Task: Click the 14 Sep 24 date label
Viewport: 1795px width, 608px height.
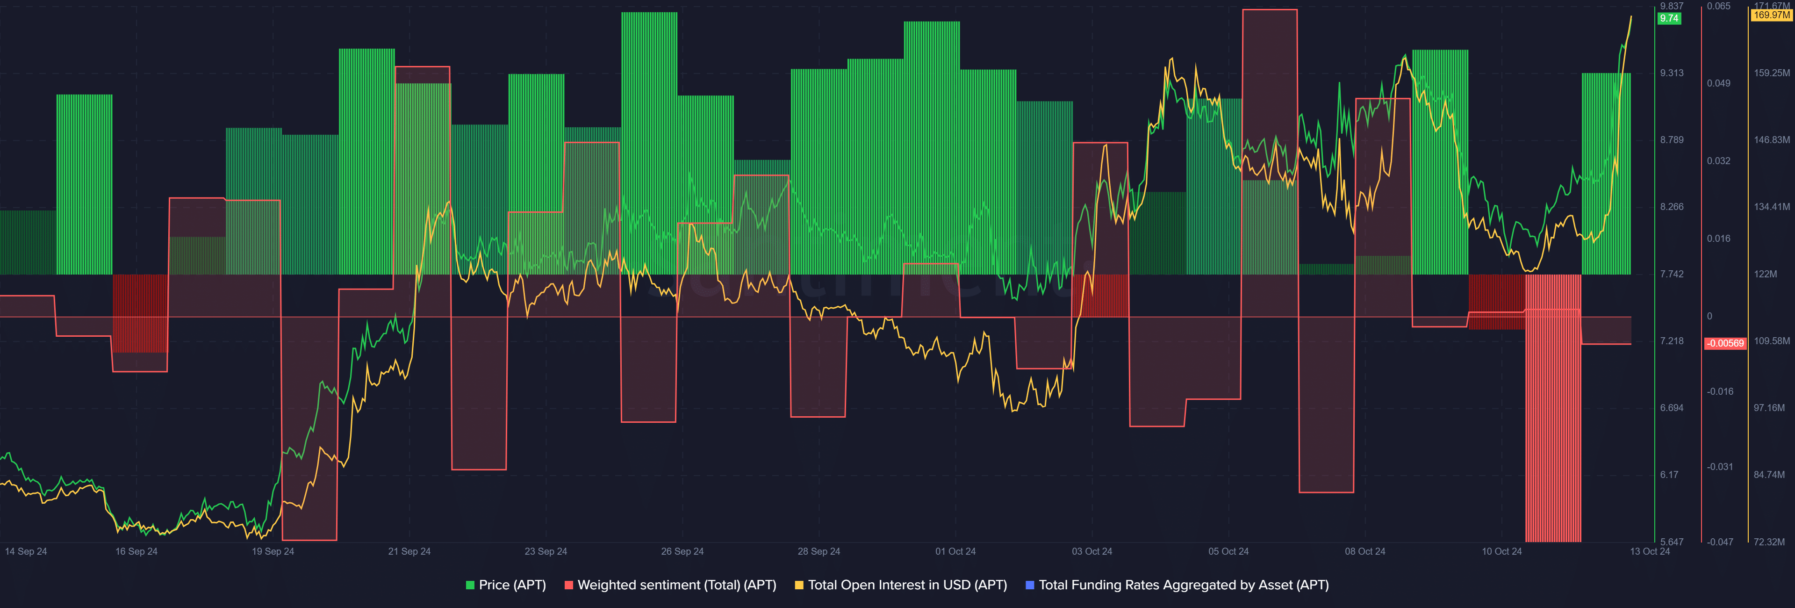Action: click(x=26, y=551)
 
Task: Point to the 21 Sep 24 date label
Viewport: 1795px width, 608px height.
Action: click(x=409, y=551)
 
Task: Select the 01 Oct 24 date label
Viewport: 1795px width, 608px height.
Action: click(x=955, y=551)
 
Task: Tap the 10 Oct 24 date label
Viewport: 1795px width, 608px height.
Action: click(x=1501, y=551)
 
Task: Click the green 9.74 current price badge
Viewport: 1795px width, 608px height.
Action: click(x=1669, y=19)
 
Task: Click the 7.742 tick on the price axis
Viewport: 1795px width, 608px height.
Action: click(x=1672, y=274)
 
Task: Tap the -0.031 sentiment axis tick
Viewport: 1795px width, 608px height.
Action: click(x=1720, y=466)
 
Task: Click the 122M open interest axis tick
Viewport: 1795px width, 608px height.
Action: click(x=1765, y=274)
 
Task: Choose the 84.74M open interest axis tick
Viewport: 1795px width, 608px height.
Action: click(x=1769, y=475)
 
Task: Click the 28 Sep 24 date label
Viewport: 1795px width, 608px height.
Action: click(x=819, y=551)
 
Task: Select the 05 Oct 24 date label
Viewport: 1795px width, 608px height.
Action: click(x=1228, y=551)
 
